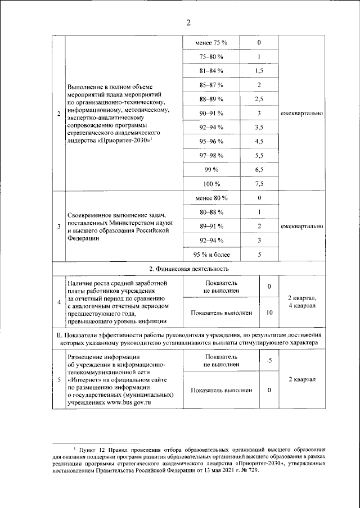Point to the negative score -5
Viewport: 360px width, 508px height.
[269, 360]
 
